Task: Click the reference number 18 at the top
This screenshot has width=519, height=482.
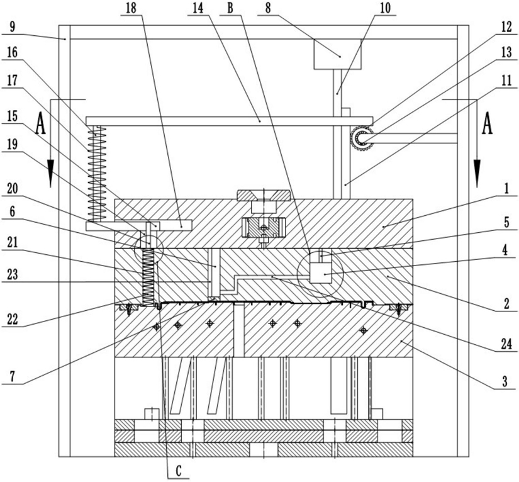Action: click(131, 8)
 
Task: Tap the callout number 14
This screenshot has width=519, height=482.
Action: click(198, 8)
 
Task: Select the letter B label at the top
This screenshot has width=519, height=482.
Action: click(231, 8)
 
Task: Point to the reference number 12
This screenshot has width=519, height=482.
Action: click(506, 27)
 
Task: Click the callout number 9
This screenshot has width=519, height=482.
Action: click(12, 27)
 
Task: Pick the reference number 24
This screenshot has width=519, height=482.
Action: click(506, 344)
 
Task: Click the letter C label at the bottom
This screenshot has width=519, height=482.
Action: click(179, 471)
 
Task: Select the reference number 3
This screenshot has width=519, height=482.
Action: click(505, 382)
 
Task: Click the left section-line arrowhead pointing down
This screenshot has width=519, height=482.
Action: click(50, 173)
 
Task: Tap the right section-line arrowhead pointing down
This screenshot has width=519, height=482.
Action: click(477, 173)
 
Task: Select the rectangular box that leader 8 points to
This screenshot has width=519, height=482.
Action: click(337, 54)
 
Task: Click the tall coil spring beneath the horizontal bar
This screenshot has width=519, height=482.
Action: click(97, 174)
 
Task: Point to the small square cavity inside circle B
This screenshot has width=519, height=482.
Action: click(321, 272)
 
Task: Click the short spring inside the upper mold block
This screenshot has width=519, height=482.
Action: click(148, 277)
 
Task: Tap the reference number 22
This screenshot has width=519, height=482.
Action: click(12, 320)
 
